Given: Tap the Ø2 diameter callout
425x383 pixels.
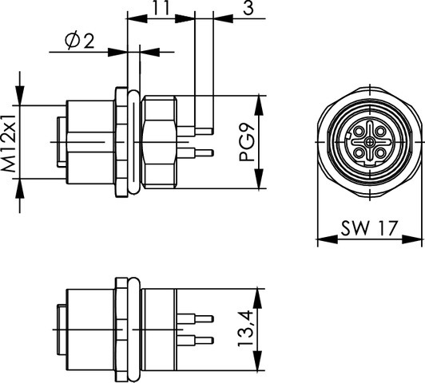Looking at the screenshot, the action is [79, 41].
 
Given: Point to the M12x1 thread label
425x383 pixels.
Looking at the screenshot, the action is [9, 143].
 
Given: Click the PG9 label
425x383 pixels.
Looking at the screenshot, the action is [247, 143].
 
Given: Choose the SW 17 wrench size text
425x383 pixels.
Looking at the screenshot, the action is [369, 228].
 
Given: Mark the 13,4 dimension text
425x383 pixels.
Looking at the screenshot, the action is [245, 329].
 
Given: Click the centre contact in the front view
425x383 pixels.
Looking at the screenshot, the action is [370, 141].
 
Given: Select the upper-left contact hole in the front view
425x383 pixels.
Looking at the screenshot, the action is [359, 132].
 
